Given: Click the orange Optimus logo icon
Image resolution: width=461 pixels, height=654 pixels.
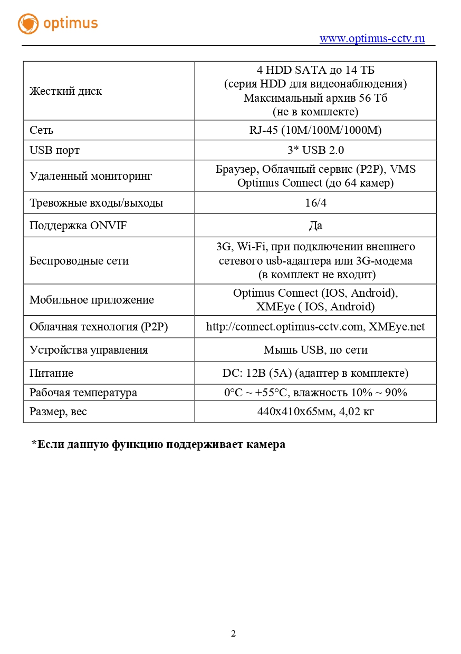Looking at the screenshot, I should [x=28, y=24].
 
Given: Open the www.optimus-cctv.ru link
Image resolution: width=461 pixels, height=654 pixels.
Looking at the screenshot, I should [x=372, y=38].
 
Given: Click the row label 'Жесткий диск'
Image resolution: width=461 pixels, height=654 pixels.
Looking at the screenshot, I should [x=65, y=91].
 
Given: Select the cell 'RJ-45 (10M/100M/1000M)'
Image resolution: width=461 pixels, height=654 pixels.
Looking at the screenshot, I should [x=315, y=130].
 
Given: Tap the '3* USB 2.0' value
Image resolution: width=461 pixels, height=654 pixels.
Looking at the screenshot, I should [x=315, y=150].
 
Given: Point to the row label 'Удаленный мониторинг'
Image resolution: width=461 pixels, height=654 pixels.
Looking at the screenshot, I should [x=90, y=176].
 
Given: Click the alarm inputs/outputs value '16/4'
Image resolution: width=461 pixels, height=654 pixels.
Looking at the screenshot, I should [x=315, y=203].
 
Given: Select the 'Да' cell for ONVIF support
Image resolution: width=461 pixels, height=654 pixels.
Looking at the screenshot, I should [x=315, y=226].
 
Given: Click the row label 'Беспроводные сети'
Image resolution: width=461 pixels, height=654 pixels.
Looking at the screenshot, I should [x=79, y=261].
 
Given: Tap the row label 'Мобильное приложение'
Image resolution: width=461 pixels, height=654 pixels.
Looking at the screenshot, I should [x=91, y=300].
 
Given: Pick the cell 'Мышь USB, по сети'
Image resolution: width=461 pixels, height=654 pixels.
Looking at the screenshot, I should [x=315, y=350].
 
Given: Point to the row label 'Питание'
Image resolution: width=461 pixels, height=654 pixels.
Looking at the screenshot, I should [x=51, y=373].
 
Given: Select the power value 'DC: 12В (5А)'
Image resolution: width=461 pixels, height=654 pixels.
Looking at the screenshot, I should [x=256, y=373].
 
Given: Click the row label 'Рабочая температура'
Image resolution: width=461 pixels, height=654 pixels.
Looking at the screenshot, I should [x=83, y=393].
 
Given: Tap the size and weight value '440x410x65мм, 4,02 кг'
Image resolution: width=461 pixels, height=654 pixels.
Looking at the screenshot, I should [x=315, y=412].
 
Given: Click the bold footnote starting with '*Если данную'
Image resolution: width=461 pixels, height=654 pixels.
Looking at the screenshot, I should [x=158, y=444].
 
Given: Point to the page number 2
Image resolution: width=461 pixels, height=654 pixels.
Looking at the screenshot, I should [x=233, y=633].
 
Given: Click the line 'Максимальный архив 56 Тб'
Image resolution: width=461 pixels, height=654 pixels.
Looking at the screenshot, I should [x=315, y=98].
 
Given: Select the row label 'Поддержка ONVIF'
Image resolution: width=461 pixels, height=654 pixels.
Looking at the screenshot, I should [x=78, y=226].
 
